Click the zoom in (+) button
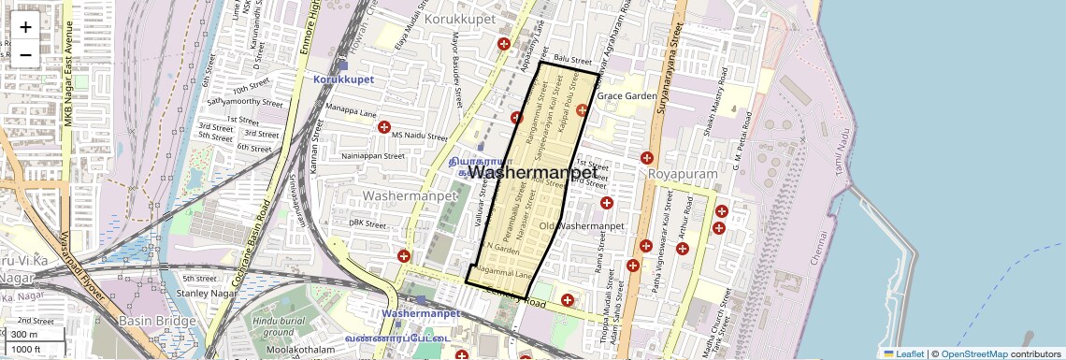tap(25, 26)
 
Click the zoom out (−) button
tap(25, 54)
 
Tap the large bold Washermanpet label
tap(532, 173)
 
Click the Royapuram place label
tap(683, 174)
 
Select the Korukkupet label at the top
tap(457, 18)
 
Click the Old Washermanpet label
tap(582, 226)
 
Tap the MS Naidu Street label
tap(420, 136)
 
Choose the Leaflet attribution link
tap(903, 353)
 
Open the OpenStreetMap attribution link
tap(973, 353)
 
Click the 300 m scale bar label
tap(25, 335)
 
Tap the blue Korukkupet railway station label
tap(343, 79)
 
